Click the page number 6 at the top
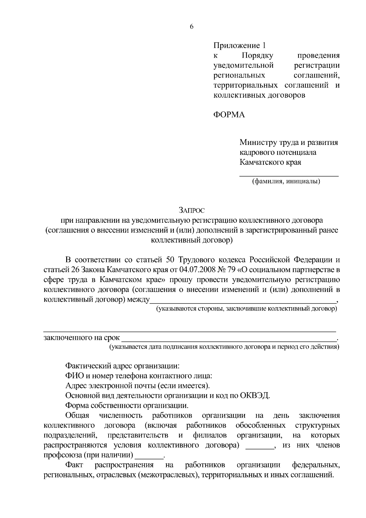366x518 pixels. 192,27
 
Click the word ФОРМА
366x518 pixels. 229,115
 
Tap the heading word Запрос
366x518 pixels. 192,210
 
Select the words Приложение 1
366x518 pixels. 239,46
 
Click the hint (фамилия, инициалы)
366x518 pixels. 286,182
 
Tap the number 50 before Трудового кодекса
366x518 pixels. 170,260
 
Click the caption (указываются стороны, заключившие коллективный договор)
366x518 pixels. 246,309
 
